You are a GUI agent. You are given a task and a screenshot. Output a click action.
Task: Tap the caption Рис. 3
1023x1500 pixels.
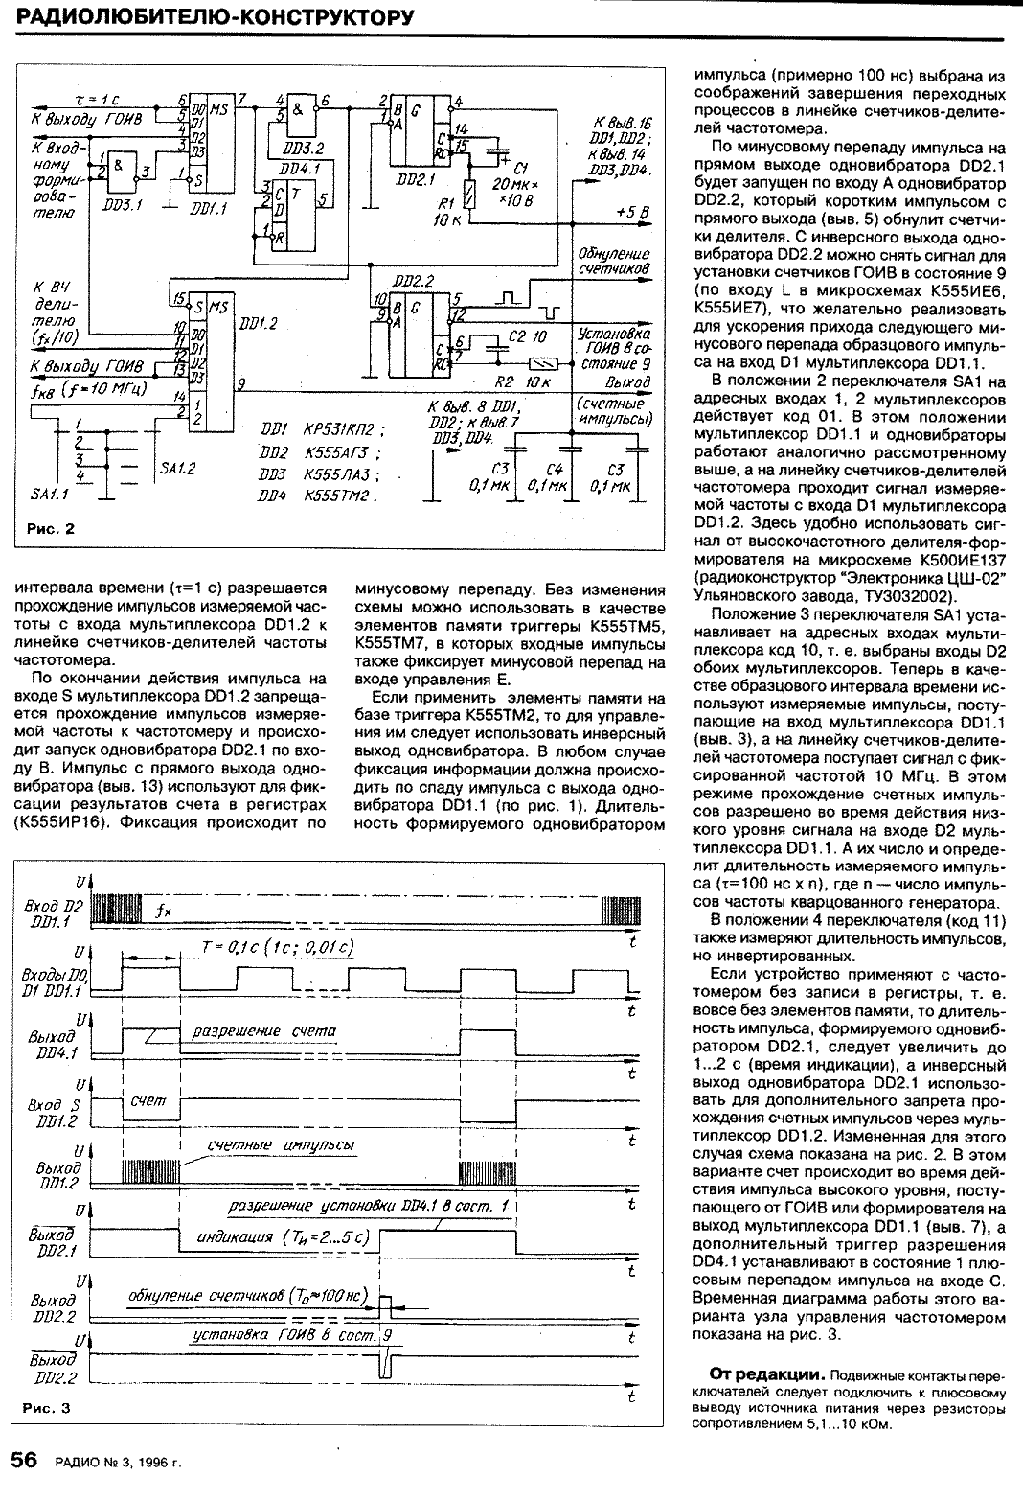(48, 1408)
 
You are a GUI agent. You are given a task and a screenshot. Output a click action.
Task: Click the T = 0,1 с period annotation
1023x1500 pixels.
(279, 947)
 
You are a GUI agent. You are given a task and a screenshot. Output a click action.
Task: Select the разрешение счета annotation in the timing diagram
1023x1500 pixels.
(264, 1031)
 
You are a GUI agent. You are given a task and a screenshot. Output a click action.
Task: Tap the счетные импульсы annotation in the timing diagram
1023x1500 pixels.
(282, 1146)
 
